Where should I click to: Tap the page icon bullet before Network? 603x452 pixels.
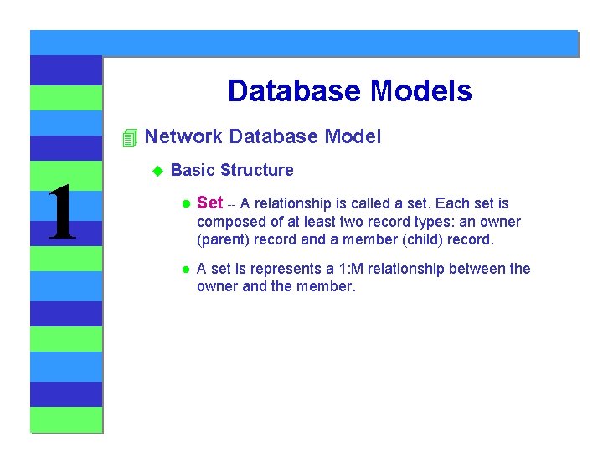pyautogui.click(x=128, y=138)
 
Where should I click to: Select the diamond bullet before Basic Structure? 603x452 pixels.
pyautogui.click(x=156, y=171)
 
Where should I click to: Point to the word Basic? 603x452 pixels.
pyautogui.click(x=193, y=171)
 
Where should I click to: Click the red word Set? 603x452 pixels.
pyautogui.click(x=209, y=203)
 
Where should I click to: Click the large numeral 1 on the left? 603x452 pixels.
pyautogui.click(x=61, y=214)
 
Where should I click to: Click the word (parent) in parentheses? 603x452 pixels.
pyautogui.click(x=224, y=239)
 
